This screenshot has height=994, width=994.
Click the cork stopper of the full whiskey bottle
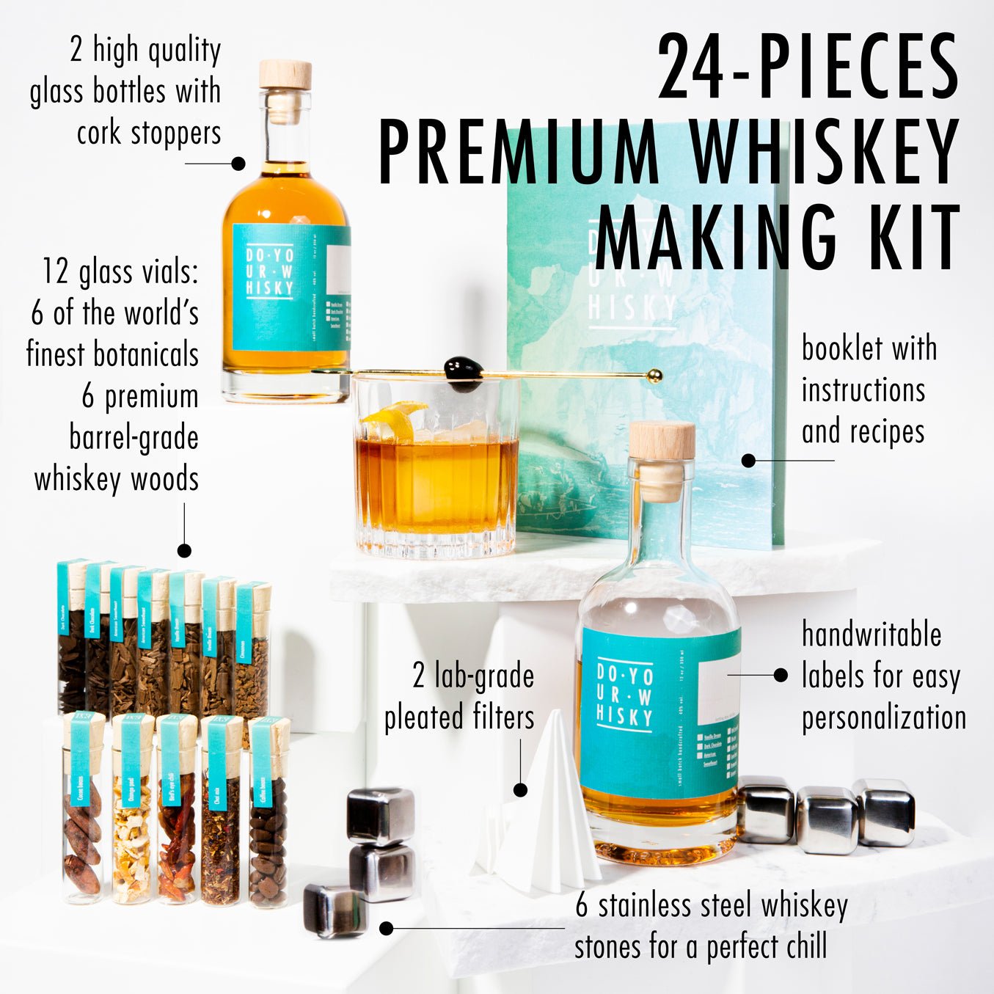pos(285,76)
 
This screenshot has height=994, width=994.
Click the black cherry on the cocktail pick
pos(463,368)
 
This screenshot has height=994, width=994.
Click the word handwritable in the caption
pos(871,635)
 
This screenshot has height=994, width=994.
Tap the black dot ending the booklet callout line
pos(748,461)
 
